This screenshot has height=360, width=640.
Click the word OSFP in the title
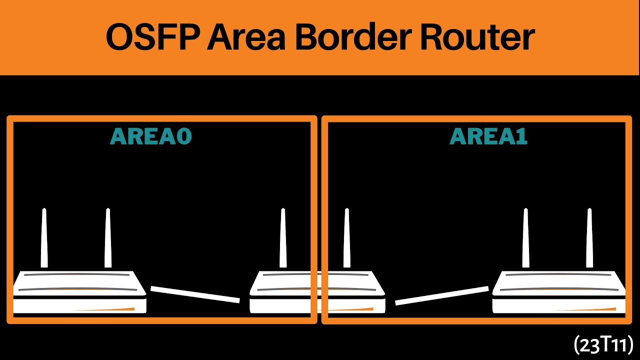(153, 37)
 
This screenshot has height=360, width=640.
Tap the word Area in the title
(246, 37)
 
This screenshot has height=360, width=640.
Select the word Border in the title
(353, 37)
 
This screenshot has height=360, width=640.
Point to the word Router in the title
(477, 37)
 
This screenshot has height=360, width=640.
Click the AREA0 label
(151, 136)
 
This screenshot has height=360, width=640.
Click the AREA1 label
(488, 136)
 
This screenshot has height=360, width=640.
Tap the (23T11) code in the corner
(602, 345)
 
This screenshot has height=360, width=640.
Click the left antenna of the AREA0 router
(44, 238)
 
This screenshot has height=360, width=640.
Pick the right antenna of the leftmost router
(107, 238)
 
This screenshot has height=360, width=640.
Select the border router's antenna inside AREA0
(283, 238)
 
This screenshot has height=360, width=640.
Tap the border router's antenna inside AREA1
(346, 238)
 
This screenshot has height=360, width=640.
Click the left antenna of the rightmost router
(525, 238)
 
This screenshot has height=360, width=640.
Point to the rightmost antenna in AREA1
(589, 238)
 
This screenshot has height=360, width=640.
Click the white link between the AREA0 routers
(195, 294)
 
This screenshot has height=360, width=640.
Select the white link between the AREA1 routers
(441, 295)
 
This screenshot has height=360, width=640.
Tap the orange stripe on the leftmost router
(103, 309)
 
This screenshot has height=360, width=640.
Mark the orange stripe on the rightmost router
(583, 309)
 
